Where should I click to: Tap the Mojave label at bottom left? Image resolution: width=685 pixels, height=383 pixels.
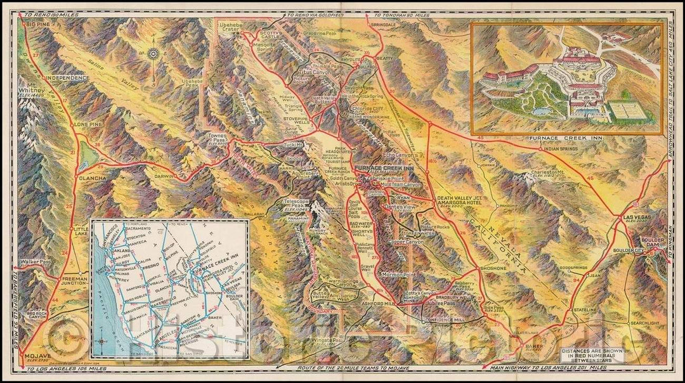36,356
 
